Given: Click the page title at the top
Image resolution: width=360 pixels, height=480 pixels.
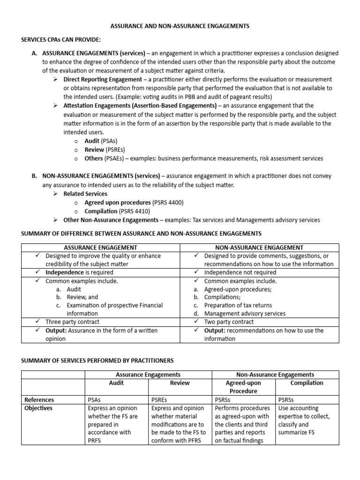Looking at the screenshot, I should click(180, 26).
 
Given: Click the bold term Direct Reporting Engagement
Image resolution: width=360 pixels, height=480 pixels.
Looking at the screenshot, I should click(102, 79).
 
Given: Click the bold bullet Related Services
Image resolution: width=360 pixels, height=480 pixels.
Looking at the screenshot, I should click(85, 194).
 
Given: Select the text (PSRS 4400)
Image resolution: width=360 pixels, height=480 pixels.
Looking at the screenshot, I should click(168, 202).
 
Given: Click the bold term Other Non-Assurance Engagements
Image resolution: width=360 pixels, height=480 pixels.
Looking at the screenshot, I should click(111, 220).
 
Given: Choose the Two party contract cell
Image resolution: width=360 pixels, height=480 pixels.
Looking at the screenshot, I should click(229, 322).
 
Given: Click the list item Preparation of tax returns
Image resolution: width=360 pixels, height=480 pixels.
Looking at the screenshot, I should click(238, 305).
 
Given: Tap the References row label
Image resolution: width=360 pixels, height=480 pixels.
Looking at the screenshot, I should click(39, 400).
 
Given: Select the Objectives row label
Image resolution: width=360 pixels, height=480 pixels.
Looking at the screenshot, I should click(38, 408).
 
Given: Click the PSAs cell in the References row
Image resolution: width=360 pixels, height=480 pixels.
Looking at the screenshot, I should click(95, 400).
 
